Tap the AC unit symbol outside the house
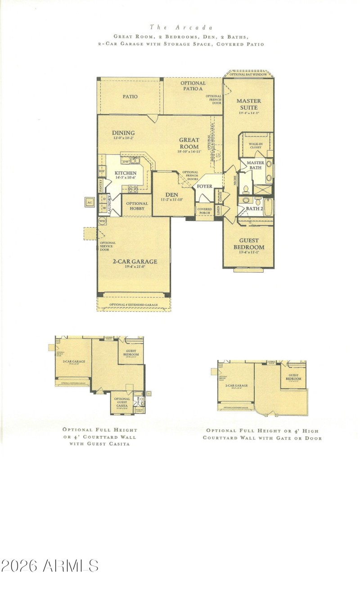tap(90, 202)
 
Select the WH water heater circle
tap(102, 221)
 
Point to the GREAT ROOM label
tap(189, 143)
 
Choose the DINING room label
tap(123, 133)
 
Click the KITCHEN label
tap(125, 173)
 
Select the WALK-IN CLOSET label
tap(256, 145)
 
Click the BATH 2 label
tap(254, 209)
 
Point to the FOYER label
tap(205, 186)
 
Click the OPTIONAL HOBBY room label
tap(137, 206)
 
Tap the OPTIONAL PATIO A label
tap(193, 86)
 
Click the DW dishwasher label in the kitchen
tap(126, 161)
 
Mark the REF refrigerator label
tap(102, 171)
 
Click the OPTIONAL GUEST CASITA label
tap(122, 402)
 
